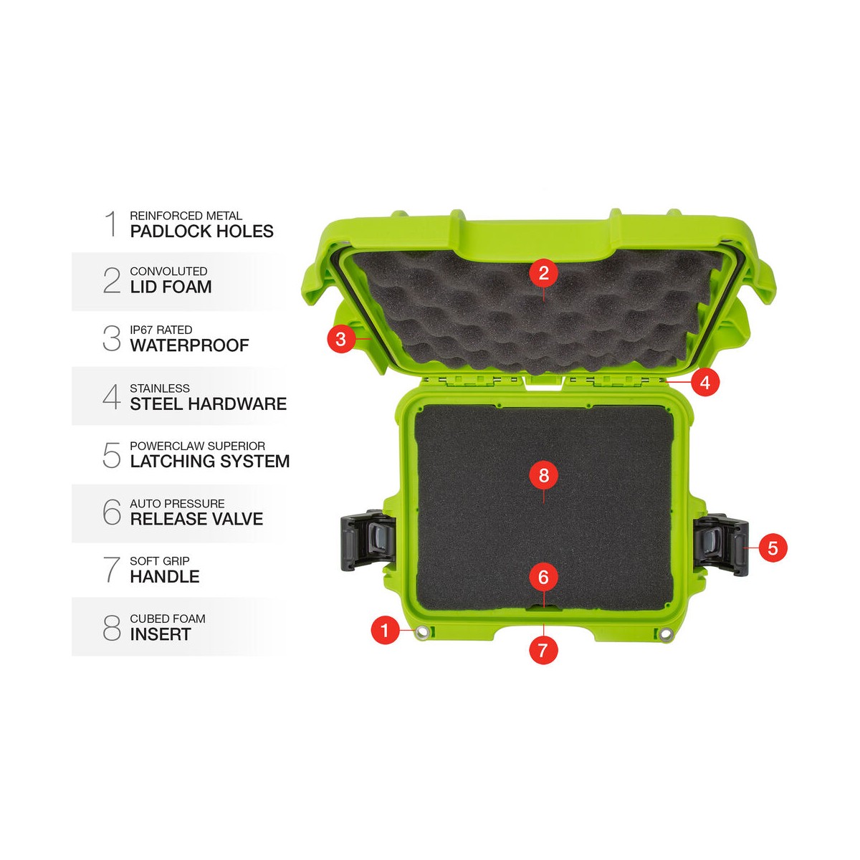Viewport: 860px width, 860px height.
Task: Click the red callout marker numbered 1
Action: tap(385, 630)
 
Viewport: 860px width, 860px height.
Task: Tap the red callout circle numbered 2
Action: tap(543, 272)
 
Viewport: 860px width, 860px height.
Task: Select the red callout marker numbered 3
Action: tap(341, 339)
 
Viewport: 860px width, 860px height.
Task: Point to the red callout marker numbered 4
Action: tap(705, 382)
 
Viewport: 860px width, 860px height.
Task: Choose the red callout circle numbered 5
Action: tap(773, 548)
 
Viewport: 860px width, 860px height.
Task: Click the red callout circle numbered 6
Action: tap(543, 577)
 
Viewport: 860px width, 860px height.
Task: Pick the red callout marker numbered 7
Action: tap(543, 650)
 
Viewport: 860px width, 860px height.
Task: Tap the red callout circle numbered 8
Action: tap(543, 475)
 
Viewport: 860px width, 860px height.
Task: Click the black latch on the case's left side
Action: tap(368, 540)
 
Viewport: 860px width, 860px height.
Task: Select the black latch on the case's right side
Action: tap(720, 545)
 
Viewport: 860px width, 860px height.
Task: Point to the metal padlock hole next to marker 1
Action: tap(421, 631)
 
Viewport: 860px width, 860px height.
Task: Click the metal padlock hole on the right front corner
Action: tap(666, 632)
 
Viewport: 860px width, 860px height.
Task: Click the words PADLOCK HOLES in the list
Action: tap(201, 231)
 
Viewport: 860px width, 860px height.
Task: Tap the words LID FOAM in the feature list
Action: tap(171, 287)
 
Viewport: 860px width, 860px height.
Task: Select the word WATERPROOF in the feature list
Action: tap(189, 345)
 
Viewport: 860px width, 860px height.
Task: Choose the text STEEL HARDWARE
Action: tap(209, 404)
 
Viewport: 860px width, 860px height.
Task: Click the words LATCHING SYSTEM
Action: tap(210, 461)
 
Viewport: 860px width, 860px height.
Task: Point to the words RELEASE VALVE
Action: tap(197, 519)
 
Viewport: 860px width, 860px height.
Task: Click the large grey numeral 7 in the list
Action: tap(112, 569)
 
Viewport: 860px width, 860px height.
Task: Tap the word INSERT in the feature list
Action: tap(161, 634)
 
